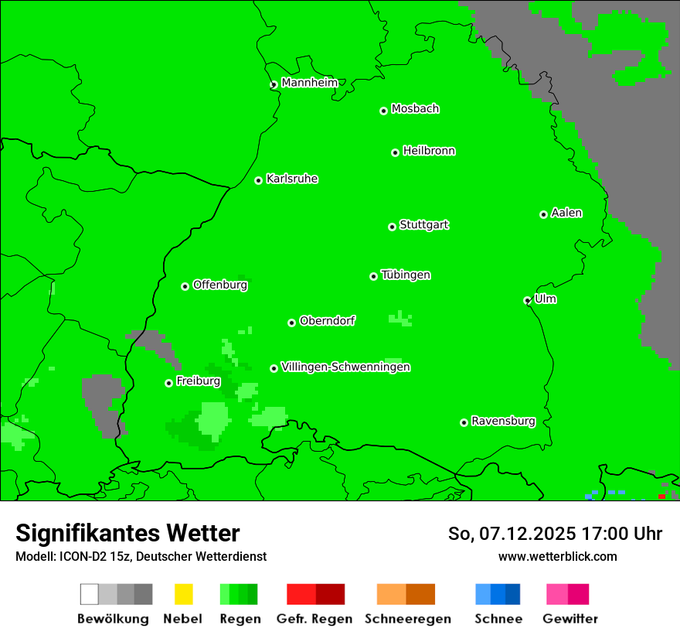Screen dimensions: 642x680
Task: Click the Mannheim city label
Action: tap(309, 83)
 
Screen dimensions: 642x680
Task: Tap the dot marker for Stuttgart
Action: tap(392, 227)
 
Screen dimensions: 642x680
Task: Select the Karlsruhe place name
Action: tap(291, 179)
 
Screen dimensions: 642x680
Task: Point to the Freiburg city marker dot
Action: tap(168, 383)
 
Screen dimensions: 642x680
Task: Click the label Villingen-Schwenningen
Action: tap(345, 367)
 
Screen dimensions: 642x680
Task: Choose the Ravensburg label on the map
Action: tap(503, 422)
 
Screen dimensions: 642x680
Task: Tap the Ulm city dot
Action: tap(527, 300)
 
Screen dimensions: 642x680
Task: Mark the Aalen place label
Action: tap(566, 213)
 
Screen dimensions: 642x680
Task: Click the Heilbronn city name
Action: tap(429, 151)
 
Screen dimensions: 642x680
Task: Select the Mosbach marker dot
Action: tap(383, 111)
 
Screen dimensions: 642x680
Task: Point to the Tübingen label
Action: tap(406, 275)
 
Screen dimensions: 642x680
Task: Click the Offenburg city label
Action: tap(220, 285)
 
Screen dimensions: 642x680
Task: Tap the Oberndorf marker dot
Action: tap(291, 323)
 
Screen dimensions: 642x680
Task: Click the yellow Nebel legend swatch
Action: tap(183, 594)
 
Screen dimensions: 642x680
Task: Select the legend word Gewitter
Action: tap(569, 619)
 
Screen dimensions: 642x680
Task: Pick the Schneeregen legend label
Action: tap(407, 619)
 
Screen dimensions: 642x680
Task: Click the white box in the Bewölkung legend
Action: tap(90, 594)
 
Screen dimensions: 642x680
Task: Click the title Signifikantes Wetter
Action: tap(127, 534)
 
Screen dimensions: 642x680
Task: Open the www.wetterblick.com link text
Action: tap(557, 557)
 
